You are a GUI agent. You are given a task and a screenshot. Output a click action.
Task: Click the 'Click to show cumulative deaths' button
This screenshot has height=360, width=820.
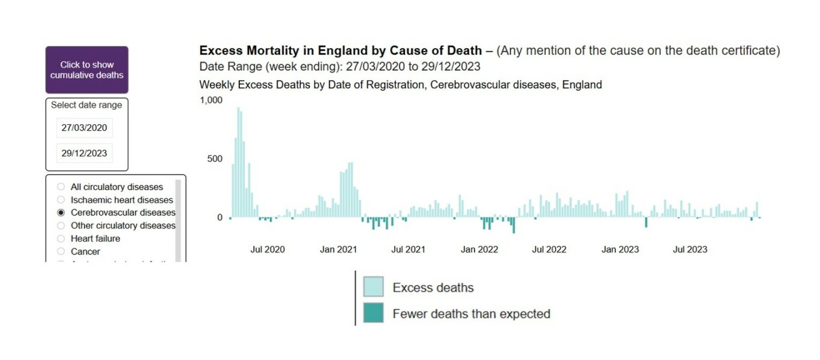click(87, 70)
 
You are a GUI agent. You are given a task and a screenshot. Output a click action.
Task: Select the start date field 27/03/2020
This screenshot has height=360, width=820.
click(84, 128)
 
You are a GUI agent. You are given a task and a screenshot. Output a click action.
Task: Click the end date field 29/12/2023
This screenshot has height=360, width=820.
click(84, 153)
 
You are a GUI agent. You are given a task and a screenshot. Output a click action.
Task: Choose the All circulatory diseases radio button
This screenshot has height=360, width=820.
click(61, 187)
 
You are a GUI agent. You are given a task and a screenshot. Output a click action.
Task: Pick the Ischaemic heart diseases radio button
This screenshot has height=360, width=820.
click(61, 200)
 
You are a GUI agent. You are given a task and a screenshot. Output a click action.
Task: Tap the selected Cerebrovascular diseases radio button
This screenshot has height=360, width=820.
click(61, 212)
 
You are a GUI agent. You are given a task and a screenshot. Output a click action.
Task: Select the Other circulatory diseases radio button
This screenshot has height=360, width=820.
click(61, 226)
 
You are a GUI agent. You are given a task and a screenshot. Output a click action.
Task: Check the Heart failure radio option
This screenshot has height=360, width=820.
click(61, 238)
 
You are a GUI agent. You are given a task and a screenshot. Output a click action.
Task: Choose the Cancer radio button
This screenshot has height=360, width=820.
click(61, 251)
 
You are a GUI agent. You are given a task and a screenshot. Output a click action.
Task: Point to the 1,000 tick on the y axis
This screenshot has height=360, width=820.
click(211, 100)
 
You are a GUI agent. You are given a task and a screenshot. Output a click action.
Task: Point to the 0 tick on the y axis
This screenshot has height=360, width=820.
click(220, 218)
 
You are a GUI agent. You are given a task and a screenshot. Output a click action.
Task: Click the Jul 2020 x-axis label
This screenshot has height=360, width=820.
click(268, 250)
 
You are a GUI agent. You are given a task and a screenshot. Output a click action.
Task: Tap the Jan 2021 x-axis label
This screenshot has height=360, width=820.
click(338, 250)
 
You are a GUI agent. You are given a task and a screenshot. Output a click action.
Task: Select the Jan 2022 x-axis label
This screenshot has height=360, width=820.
click(479, 250)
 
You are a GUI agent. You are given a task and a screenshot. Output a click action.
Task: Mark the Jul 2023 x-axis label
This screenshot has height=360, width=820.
click(690, 250)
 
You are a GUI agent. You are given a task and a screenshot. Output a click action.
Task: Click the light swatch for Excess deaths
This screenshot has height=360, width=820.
click(373, 287)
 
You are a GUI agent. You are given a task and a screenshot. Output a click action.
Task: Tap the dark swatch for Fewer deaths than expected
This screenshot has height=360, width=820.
click(373, 313)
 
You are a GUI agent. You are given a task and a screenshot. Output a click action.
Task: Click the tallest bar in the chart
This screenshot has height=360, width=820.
click(238, 162)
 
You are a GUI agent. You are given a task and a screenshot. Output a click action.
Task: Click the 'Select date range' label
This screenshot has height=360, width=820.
click(86, 105)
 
